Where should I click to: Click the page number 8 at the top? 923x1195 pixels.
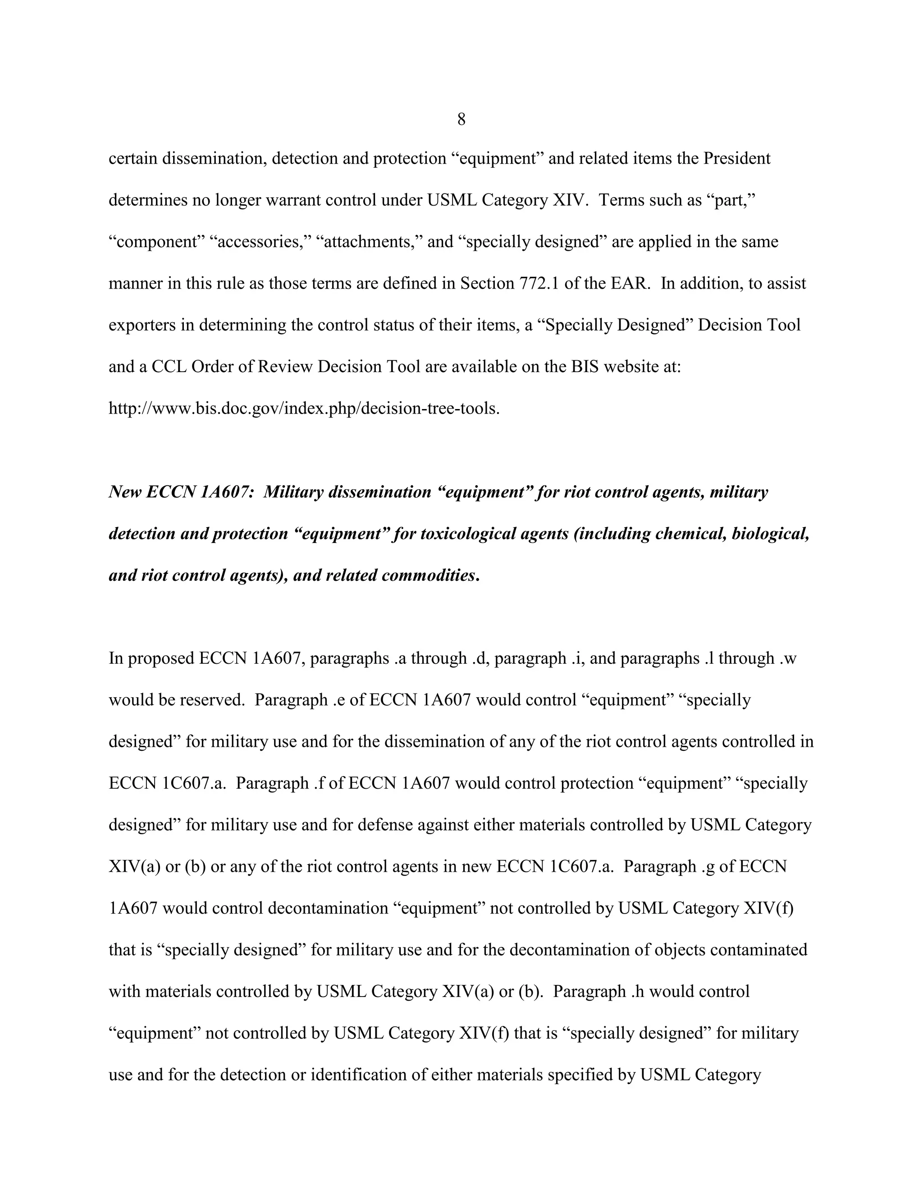[x=461, y=119]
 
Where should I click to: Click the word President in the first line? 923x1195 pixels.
[x=736, y=159]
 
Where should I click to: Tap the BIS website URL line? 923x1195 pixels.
[x=304, y=408]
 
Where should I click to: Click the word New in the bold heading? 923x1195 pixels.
[x=125, y=492]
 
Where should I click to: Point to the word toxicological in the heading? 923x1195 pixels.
[x=468, y=533]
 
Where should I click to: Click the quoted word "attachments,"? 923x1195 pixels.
[x=369, y=242]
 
